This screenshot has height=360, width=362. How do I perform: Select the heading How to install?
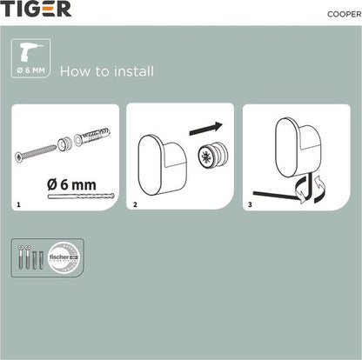(x=107, y=70)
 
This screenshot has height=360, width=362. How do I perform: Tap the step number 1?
(x=19, y=205)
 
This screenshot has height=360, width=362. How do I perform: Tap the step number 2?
(x=135, y=205)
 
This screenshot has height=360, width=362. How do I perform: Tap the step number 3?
(x=251, y=205)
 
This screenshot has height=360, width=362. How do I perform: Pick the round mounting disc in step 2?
(x=211, y=160)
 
